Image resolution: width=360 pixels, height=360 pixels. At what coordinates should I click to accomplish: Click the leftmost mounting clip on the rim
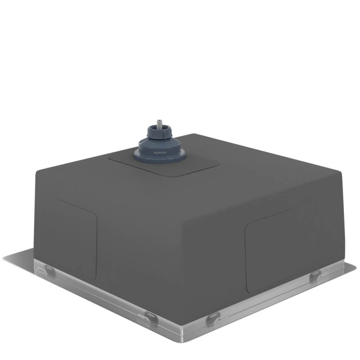pos(50,272)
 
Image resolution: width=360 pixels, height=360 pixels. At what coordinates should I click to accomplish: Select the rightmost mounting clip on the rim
pos(314,275)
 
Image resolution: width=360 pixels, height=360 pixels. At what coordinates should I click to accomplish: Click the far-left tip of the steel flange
pos(5,258)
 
